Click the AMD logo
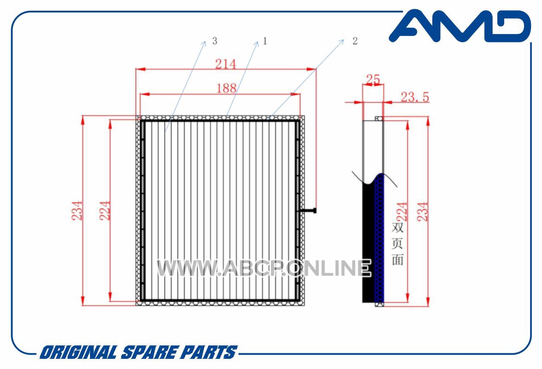point(460,26)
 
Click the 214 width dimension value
point(226,64)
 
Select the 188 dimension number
point(226,88)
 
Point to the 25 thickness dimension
point(373,79)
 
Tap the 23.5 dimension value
point(415,97)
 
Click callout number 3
point(215,41)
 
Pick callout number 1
point(265,41)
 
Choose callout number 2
point(355,41)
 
